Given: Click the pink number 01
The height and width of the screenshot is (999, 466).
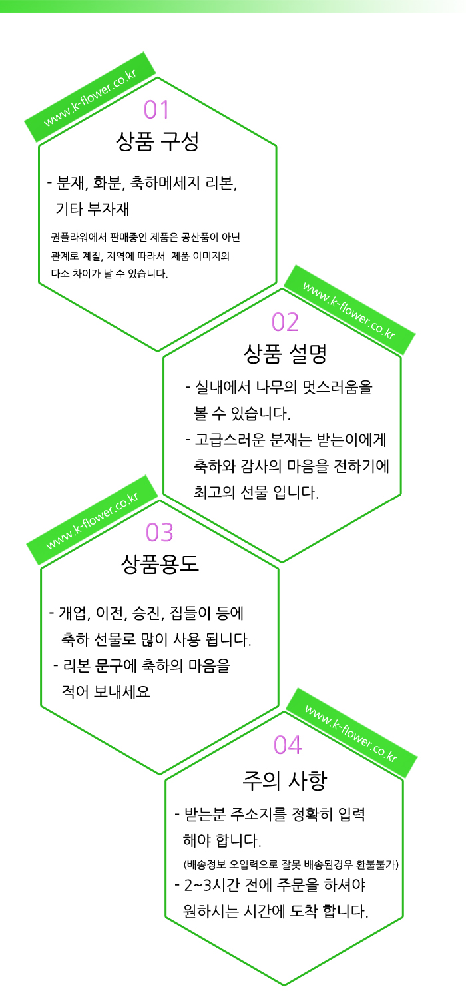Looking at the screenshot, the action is coord(156,110).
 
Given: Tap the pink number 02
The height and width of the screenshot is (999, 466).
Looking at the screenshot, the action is coord(285,322).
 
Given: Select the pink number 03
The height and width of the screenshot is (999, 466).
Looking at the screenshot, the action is coord(159,533).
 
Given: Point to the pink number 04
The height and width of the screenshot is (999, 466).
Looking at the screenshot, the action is coord(288,745).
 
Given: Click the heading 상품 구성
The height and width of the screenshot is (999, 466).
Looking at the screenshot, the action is coord(157,142).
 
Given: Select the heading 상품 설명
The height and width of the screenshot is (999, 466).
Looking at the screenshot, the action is coord(286,354).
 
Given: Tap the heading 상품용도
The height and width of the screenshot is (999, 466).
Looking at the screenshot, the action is coord(160,564).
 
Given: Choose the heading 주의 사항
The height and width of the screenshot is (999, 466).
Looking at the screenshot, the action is coord(284,780).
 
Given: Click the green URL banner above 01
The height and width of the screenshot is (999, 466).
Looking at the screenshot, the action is coord(90,97).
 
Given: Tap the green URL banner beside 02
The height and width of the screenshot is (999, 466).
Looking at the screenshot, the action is coord(349,310).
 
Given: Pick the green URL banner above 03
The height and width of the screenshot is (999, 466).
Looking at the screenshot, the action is coord(93,520).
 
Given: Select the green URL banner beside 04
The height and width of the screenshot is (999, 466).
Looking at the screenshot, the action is coord(351,733).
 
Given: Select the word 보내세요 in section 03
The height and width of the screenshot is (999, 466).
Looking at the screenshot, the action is coord(122,692).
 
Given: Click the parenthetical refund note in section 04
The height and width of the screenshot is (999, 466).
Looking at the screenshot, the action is coord(291,864).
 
